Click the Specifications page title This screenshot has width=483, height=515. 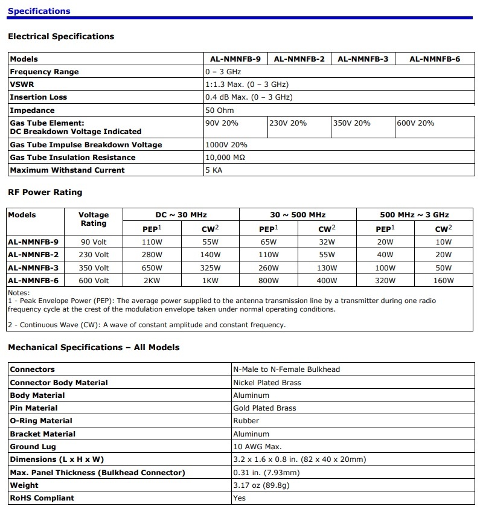coord(39,11)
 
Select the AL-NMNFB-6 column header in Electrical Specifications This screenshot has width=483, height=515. coord(435,59)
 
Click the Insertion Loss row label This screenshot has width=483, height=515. coord(39,97)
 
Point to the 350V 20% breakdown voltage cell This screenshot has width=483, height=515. coord(352,123)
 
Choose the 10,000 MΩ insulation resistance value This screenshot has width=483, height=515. coord(225,158)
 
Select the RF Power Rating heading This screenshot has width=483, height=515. coord(45,193)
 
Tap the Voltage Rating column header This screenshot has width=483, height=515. coord(94,219)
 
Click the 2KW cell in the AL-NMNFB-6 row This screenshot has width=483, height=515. coord(152,280)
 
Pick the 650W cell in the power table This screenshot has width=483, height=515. coord(152,267)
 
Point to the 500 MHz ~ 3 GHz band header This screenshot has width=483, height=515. coord(414,214)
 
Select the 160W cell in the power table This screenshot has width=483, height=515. coord(443,280)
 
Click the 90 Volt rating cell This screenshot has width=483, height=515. coord(94,242)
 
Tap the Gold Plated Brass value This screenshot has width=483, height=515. coord(264,408)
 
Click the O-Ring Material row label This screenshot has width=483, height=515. coord(41,421)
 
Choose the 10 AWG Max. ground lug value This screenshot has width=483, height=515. coord(257,447)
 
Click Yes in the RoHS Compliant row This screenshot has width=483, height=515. coord(240,498)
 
